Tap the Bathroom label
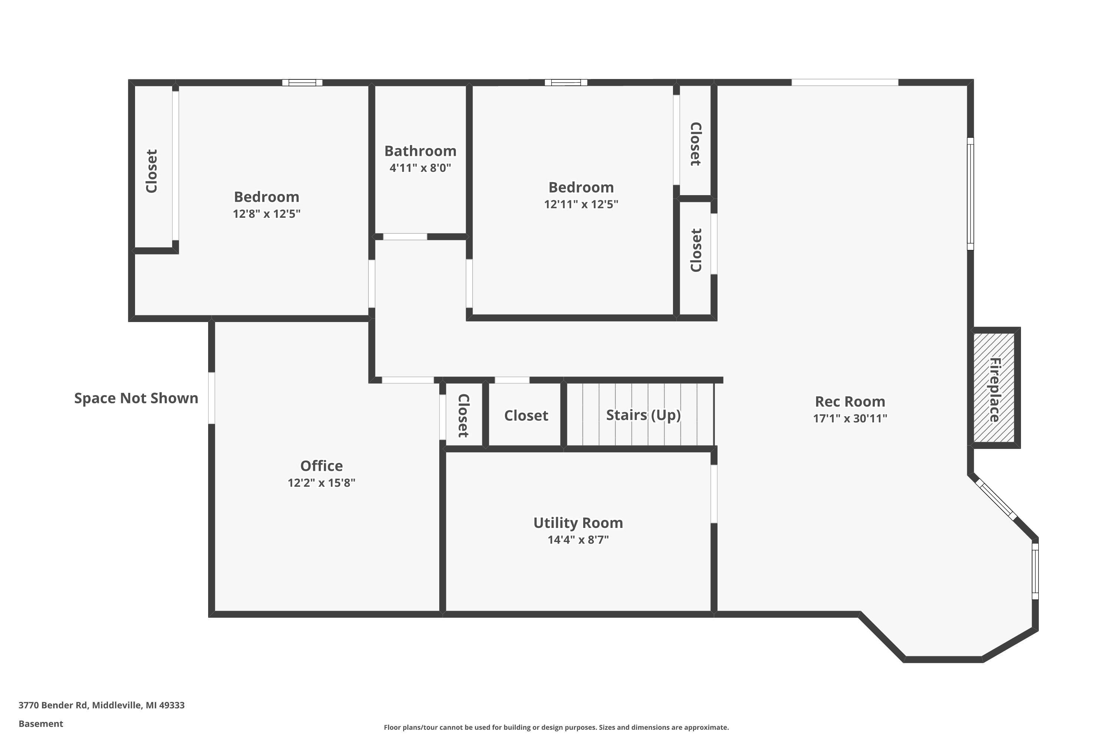click(x=420, y=151)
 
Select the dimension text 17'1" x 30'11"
click(x=850, y=418)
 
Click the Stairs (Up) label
click(x=643, y=415)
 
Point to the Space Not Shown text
click(x=136, y=398)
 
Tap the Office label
click(x=321, y=466)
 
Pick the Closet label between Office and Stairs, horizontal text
click(x=526, y=416)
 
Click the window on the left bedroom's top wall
click(x=302, y=83)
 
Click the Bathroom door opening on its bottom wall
click(x=405, y=237)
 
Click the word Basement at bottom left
click(x=41, y=723)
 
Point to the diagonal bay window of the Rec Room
click(x=997, y=500)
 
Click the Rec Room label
click(x=850, y=401)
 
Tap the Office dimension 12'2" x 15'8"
click(x=321, y=483)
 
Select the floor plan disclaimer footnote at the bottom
click(x=556, y=727)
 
